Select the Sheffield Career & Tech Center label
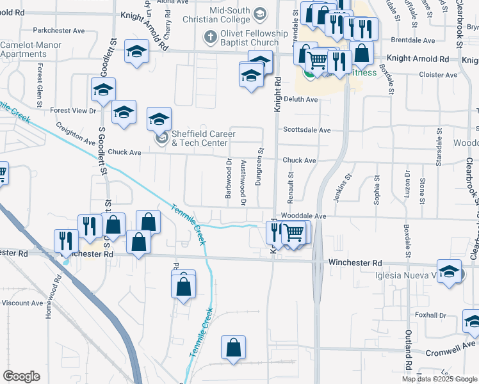click(203, 138)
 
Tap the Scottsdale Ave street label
click(307, 130)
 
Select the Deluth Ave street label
click(301, 100)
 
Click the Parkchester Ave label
click(59, 31)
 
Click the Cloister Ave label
click(436, 75)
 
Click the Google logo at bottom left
click(21, 376)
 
